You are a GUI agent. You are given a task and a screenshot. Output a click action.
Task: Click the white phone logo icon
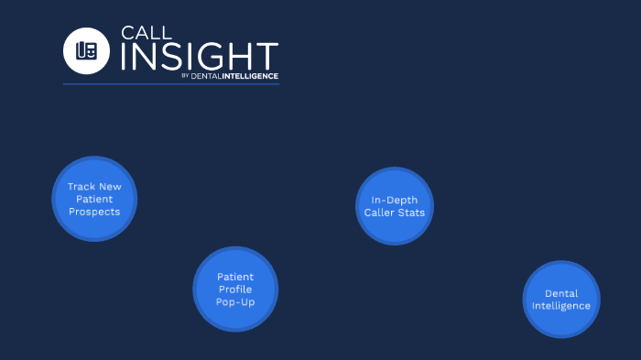(86, 50)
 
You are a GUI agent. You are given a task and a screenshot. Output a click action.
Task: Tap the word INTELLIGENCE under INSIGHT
(250, 76)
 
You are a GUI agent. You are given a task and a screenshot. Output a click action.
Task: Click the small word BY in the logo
(185, 76)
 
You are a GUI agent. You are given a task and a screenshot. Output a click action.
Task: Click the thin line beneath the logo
(171, 84)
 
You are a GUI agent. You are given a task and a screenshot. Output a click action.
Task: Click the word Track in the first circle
(81, 186)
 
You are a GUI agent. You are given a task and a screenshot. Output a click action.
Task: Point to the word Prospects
(94, 212)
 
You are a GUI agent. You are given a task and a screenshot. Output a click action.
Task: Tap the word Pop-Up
(235, 301)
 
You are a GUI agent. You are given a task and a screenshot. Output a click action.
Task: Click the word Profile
(235, 289)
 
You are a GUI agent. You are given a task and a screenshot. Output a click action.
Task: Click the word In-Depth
(394, 200)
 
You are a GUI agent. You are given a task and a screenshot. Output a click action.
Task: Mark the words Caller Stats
(394, 213)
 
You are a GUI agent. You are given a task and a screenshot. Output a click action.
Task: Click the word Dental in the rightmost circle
(561, 293)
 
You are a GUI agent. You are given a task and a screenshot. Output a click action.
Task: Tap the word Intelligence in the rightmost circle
(561, 305)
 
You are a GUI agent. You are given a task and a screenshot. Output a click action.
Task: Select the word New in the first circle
(111, 186)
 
